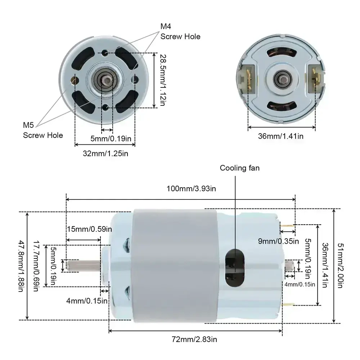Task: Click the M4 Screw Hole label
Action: (180, 31)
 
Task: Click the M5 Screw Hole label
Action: (43, 130)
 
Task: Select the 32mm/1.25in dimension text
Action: (105, 153)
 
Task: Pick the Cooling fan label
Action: (239, 168)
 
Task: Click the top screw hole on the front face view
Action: (105, 53)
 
